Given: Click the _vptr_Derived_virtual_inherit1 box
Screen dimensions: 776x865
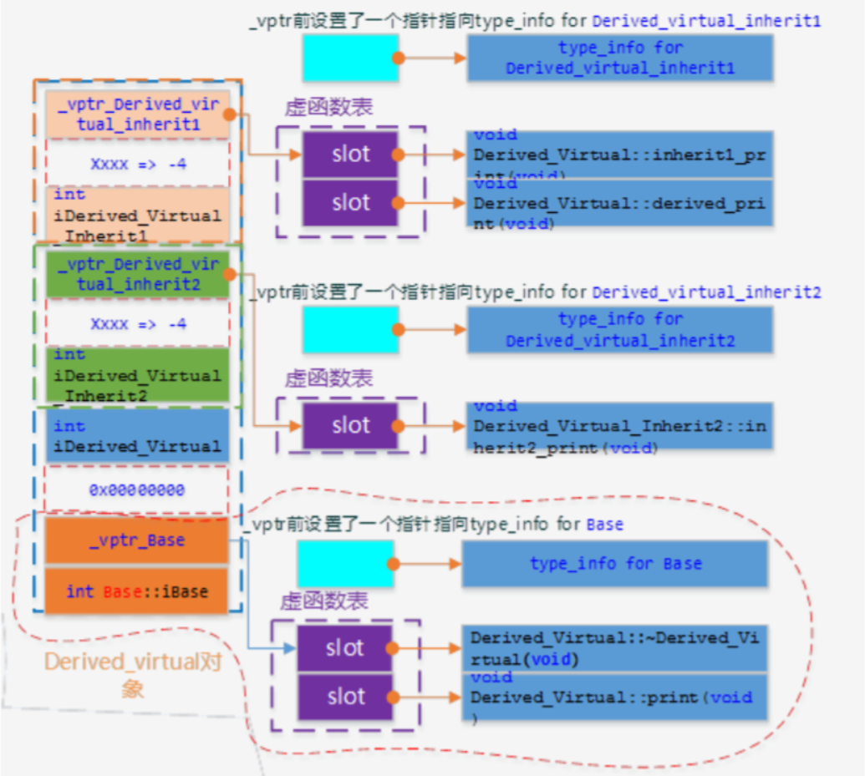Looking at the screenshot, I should tap(137, 115).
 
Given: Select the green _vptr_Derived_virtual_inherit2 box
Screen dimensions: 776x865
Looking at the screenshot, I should tap(137, 275).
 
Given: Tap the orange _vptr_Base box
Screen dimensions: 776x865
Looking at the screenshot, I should tap(136, 540).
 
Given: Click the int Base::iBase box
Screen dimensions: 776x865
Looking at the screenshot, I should tap(136, 591).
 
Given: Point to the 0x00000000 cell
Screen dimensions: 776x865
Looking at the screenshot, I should tap(136, 489).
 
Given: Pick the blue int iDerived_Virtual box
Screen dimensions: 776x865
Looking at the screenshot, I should tap(136, 436).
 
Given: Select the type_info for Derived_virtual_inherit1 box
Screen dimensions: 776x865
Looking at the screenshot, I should tap(619, 58).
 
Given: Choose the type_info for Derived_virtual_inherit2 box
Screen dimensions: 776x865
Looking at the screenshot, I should tap(619, 329).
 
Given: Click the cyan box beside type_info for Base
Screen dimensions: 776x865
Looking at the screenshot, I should tap(345, 564).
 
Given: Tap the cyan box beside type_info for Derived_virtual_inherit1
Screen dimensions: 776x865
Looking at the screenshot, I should tap(350, 58).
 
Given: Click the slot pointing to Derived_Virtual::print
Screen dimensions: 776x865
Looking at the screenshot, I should tap(345, 697).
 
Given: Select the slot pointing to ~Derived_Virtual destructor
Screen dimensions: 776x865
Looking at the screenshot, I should tap(345, 648).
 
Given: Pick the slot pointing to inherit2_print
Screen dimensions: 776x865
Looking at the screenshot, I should tap(350, 426).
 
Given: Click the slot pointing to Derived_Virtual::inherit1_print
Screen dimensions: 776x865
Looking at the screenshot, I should tap(350, 155).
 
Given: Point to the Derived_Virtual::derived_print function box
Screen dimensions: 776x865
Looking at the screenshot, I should tap(619, 203).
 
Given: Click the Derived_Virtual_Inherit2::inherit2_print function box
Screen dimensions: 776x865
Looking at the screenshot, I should tap(619, 426).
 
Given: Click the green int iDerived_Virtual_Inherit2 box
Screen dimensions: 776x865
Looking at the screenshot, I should tap(137, 375).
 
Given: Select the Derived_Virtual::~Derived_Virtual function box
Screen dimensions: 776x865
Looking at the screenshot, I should tap(614, 648).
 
